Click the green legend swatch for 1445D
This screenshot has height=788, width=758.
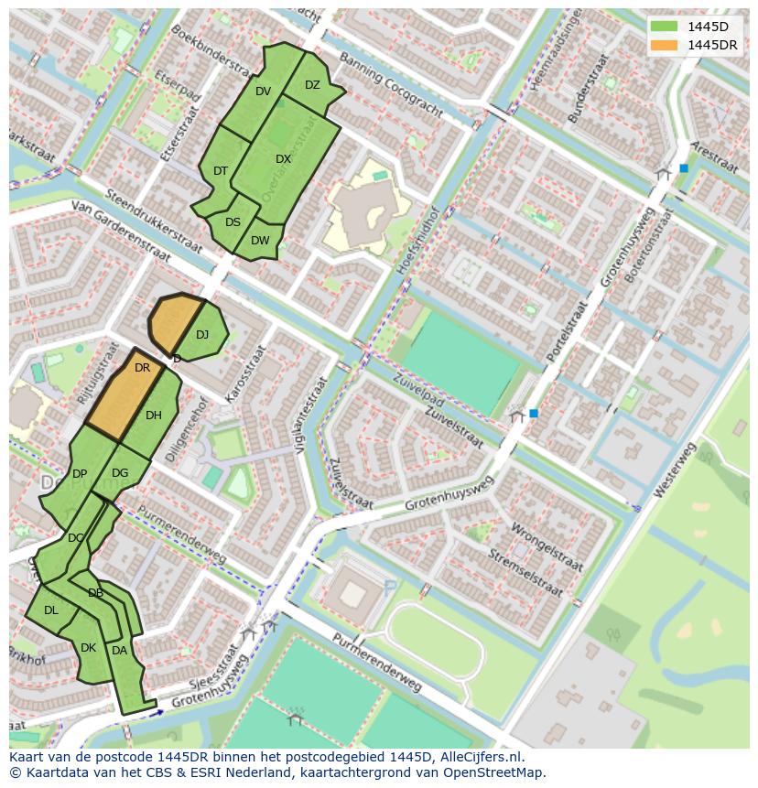tap(666, 27)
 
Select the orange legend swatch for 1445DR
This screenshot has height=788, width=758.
tap(666, 45)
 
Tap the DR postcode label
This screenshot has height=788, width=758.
tap(142, 368)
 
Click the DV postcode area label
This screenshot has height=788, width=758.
tap(263, 91)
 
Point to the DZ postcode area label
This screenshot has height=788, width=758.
tap(312, 85)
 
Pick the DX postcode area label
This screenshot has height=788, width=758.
tap(283, 158)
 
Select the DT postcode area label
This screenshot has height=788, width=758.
tap(221, 171)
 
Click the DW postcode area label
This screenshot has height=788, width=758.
tap(260, 241)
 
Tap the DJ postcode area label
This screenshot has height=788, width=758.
tap(202, 334)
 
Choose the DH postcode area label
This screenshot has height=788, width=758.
tap(153, 416)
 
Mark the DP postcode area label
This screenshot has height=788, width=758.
tap(80, 473)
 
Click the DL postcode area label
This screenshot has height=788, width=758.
tap(51, 610)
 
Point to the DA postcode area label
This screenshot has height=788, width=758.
tap(119, 651)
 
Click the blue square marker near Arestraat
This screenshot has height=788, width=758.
tap(683, 168)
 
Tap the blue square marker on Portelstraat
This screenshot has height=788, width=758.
tap(533, 414)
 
